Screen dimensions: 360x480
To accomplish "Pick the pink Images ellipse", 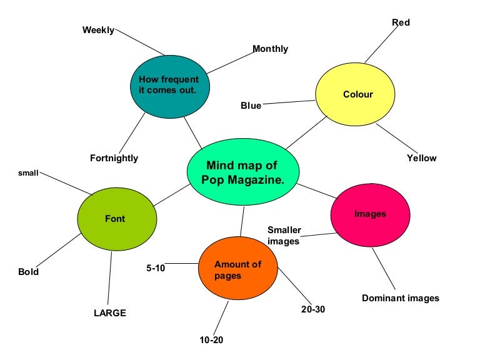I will tap(370, 214).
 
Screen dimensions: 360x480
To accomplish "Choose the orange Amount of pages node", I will tap(237, 269).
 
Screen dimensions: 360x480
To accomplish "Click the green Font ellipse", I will tap(116, 219).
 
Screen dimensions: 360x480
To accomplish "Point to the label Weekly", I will tap(98, 30).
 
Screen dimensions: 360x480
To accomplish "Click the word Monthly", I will tap(270, 49).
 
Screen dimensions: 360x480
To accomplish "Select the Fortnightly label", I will tap(114, 158).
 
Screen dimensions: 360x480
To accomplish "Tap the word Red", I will tap(401, 22).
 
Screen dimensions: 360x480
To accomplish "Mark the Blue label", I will tap(251, 106).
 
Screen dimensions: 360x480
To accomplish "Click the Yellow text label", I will tap(421, 158).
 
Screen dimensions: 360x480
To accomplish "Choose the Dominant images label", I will tap(400, 298).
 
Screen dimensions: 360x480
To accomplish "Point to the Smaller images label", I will tap(284, 236).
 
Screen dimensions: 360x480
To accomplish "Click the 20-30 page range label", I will tap(312, 309).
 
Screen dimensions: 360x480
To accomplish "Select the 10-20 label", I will tap(211, 340).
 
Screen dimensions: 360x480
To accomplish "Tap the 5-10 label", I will tap(156, 268).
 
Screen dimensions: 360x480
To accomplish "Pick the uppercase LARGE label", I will tap(109, 313).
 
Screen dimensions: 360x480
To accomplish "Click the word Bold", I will tap(28, 272).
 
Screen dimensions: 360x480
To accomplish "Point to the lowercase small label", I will tap(27, 172).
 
